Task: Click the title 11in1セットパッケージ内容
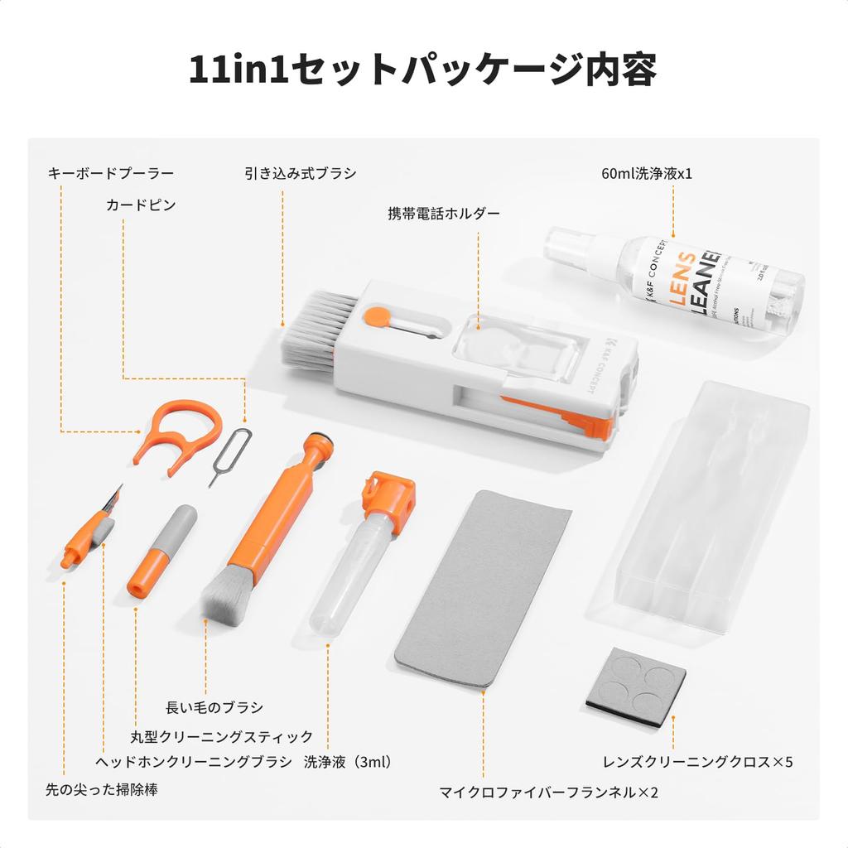click(423, 70)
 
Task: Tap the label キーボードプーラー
click(111, 173)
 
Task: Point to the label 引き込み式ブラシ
click(301, 173)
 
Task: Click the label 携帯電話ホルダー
click(445, 213)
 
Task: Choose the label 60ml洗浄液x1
click(647, 174)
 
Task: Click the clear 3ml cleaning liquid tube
click(352, 571)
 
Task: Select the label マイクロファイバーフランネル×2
click(549, 793)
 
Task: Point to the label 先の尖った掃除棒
click(101, 789)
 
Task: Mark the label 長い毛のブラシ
click(214, 706)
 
